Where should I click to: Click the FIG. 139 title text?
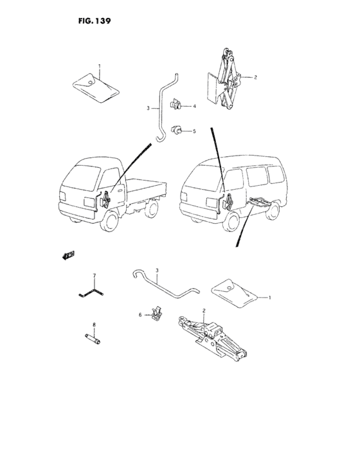[x=94, y=21]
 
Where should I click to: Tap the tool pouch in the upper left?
[x=95, y=87]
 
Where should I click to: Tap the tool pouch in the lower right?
[x=234, y=293]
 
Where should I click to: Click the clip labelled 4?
[x=175, y=104]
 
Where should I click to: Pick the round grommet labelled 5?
[x=175, y=130]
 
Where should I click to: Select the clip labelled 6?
[x=156, y=313]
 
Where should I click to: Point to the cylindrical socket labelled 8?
[x=93, y=339]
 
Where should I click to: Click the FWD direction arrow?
[x=68, y=255]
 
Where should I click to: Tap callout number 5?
[x=194, y=131]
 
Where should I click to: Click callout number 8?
[x=94, y=325]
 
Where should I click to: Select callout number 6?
[x=140, y=315]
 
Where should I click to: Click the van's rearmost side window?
[x=276, y=174]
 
